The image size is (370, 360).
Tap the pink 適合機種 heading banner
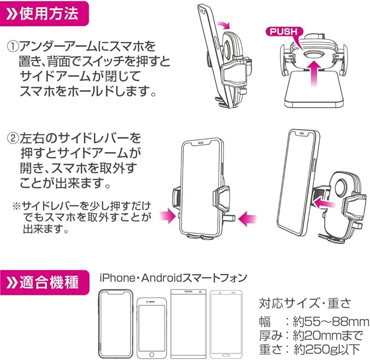tap(44, 283)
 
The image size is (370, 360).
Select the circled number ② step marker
tap(12, 137)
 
